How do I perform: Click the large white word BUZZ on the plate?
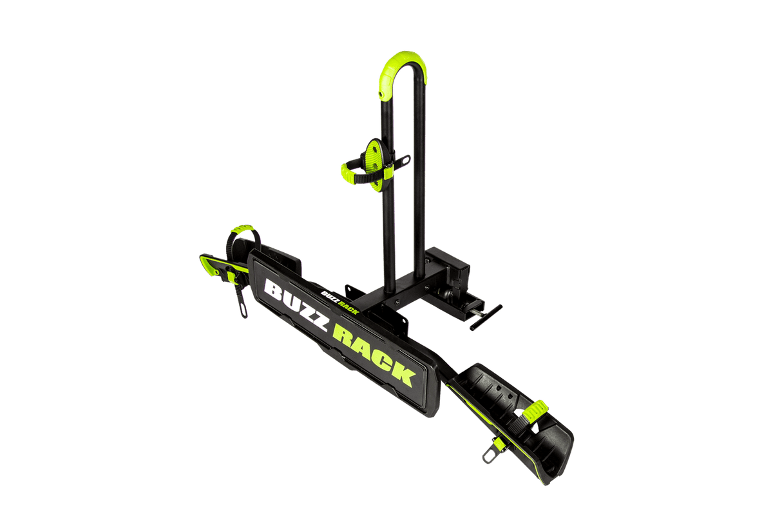[295, 304]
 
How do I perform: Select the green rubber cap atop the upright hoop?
[403, 74]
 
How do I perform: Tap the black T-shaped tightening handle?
[486, 317]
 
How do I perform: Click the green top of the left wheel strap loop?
[242, 228]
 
